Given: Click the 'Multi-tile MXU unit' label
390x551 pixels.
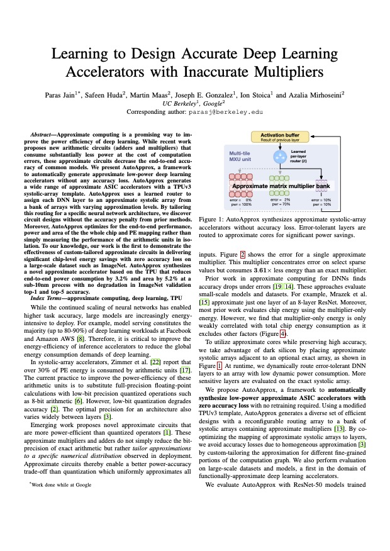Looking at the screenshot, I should [242, 156].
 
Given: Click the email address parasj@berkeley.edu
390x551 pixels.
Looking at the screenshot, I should [226, 113].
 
